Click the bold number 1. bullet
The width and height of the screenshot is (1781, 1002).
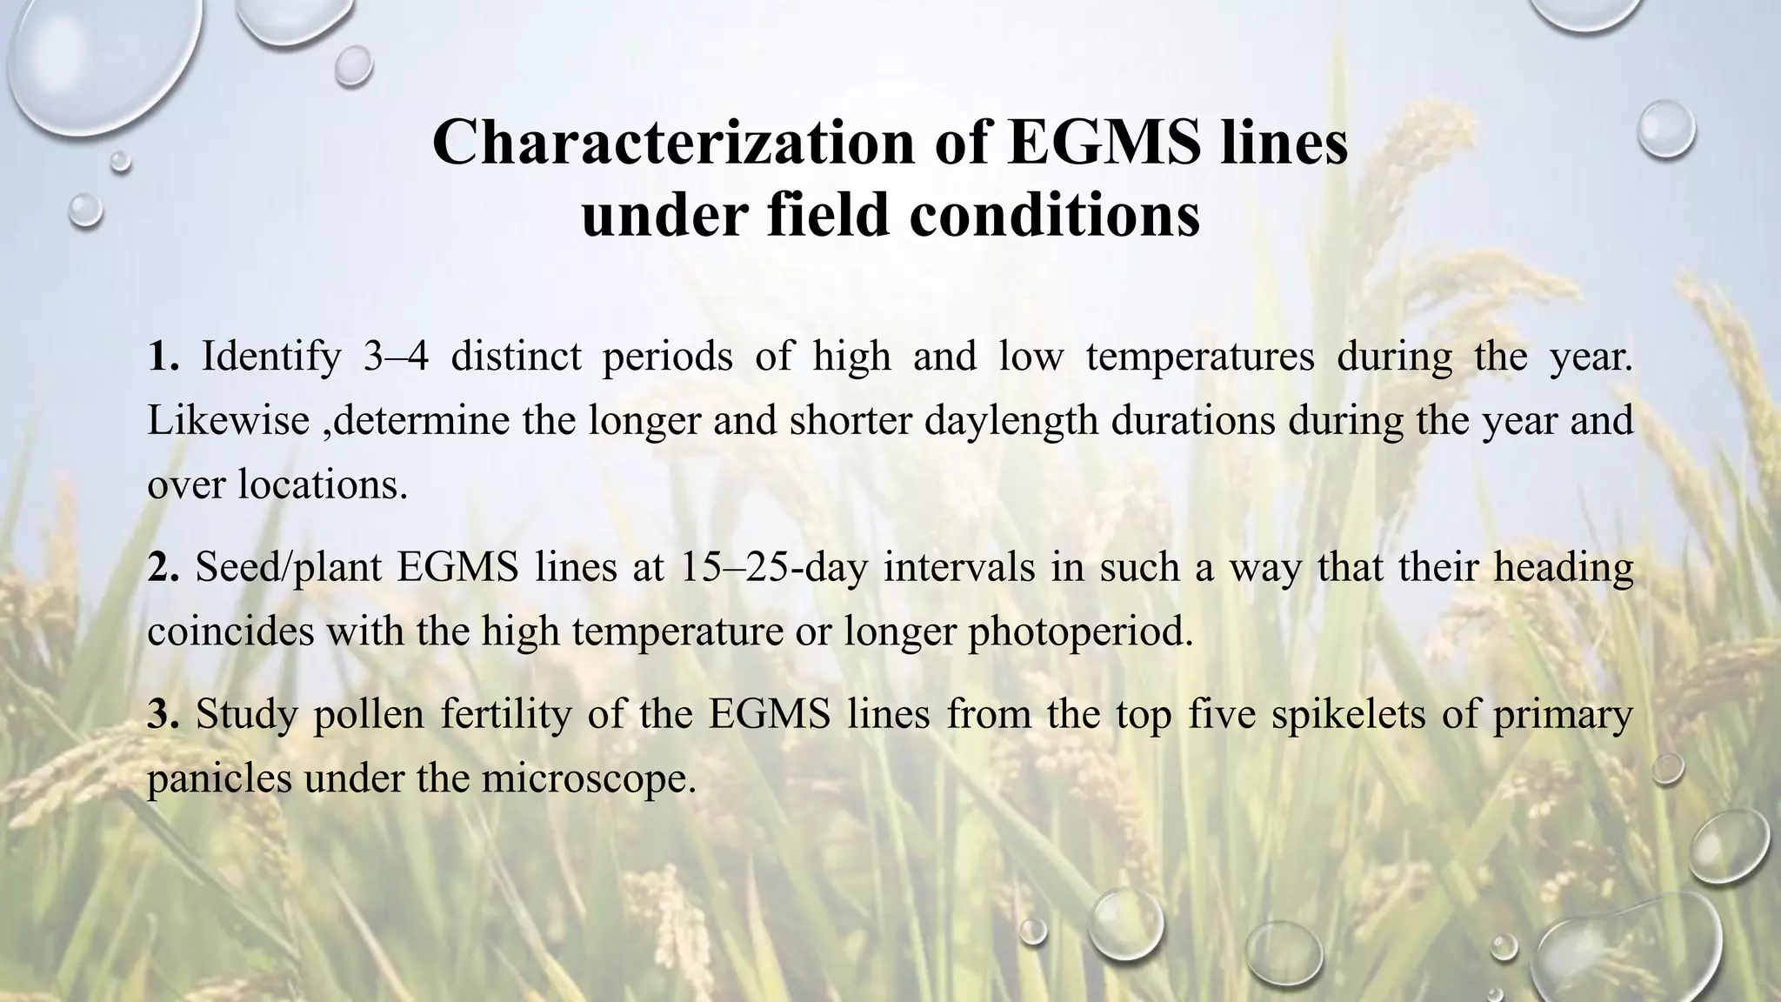coord(163,357)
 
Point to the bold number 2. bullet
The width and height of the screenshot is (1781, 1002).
coord(163,567)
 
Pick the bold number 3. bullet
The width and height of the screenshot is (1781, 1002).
coord(163,714)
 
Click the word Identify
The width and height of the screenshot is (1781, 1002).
coord(271,357)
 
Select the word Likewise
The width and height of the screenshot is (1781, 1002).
coord(228,421)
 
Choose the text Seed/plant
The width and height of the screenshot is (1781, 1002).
coord(289,568)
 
